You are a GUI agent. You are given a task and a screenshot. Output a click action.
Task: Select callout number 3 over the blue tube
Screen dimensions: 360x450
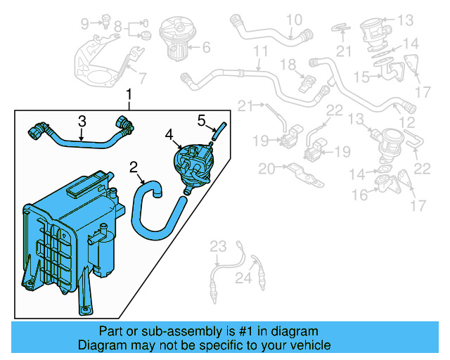82,120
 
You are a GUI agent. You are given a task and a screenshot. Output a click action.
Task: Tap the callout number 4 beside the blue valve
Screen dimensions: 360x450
168,133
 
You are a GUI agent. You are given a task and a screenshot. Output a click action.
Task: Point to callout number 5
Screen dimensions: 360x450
200,120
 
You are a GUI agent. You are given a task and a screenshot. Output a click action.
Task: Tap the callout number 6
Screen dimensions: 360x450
206,49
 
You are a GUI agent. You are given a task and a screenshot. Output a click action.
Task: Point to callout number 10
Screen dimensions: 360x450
293,19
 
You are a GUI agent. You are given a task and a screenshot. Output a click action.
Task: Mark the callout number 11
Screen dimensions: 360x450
261,52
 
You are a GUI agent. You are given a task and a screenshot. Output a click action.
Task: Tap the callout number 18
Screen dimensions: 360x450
289,65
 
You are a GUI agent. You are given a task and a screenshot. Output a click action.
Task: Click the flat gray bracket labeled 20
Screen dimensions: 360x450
303,171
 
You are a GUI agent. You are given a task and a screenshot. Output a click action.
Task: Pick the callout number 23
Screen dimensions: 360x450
219,246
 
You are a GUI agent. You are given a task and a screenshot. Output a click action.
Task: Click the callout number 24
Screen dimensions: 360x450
243,279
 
